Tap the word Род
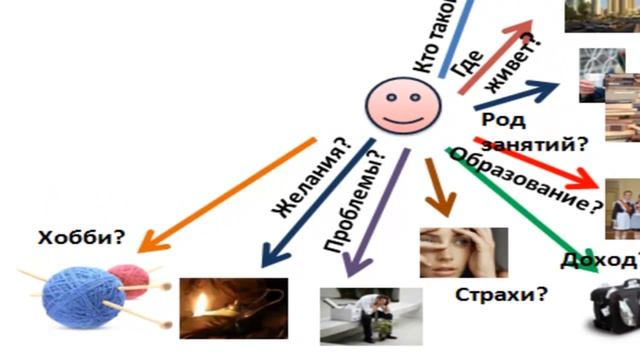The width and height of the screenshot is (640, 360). tap(499, 120)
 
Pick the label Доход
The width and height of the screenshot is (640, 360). tap(608, 261)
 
